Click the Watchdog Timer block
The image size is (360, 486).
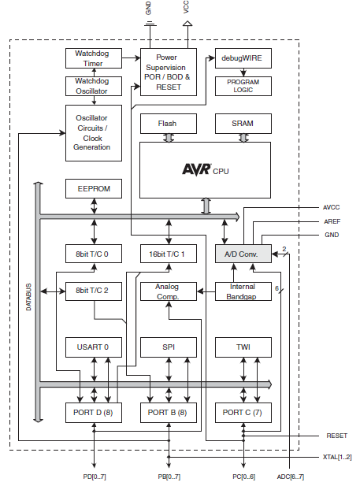point(94,58)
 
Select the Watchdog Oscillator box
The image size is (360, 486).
point(94,86)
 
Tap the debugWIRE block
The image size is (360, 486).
point(243,58)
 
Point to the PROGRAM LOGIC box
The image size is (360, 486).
point(243,86)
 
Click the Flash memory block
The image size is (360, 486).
point(169,124)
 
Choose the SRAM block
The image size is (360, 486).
point(243,124)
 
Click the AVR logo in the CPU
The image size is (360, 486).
point(197,169)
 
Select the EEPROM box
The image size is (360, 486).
point(94,188)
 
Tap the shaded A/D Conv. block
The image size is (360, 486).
point(243,254)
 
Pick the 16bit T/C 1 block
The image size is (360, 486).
point(169,254)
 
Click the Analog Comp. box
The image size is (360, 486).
point(169,291)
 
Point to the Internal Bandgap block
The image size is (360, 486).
point(243,291)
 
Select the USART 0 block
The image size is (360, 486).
point(94,347)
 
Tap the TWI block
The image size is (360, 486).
point(243,347)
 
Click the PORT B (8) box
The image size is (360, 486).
point(169,413)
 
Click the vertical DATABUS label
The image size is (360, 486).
point(28,297)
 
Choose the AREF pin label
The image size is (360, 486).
point(332,221)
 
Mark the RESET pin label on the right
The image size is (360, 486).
point(336,436)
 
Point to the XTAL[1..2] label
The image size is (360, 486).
point(337,457)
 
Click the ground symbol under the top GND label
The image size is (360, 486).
point(150,24)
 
